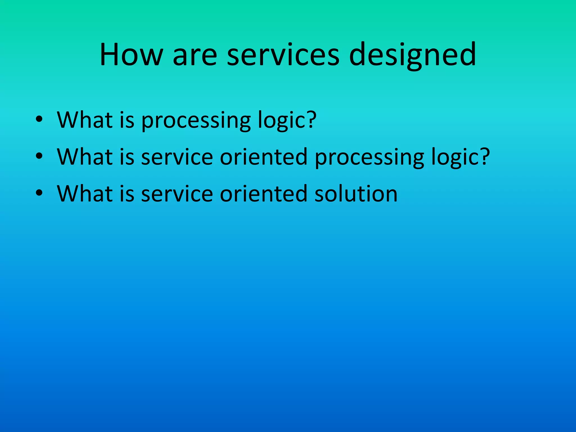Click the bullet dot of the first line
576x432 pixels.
pos(39,119)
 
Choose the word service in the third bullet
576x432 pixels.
pos(177,194)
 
